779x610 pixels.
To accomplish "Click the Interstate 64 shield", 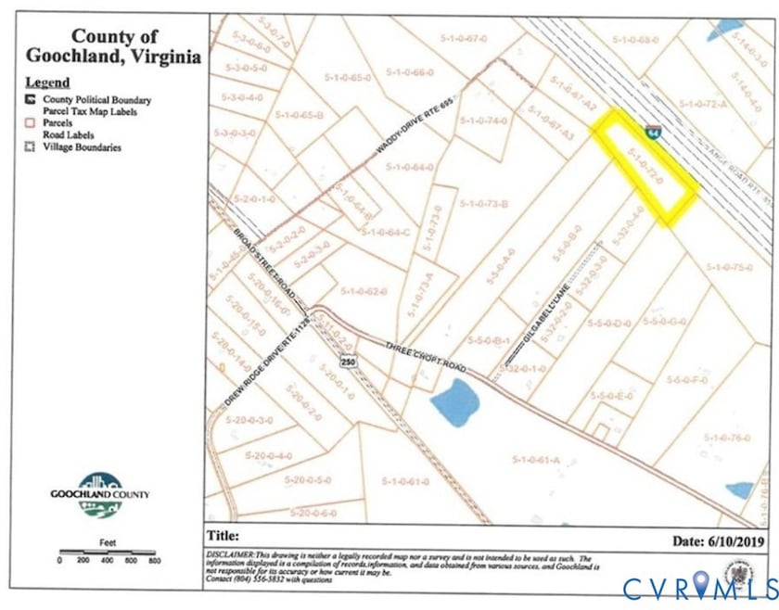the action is (x=655, y=136).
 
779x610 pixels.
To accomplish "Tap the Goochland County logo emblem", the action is (x=100, y=491).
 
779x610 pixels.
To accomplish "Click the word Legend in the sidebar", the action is (x=47, y=82).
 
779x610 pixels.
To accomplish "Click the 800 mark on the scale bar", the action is (x=154, y=561).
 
